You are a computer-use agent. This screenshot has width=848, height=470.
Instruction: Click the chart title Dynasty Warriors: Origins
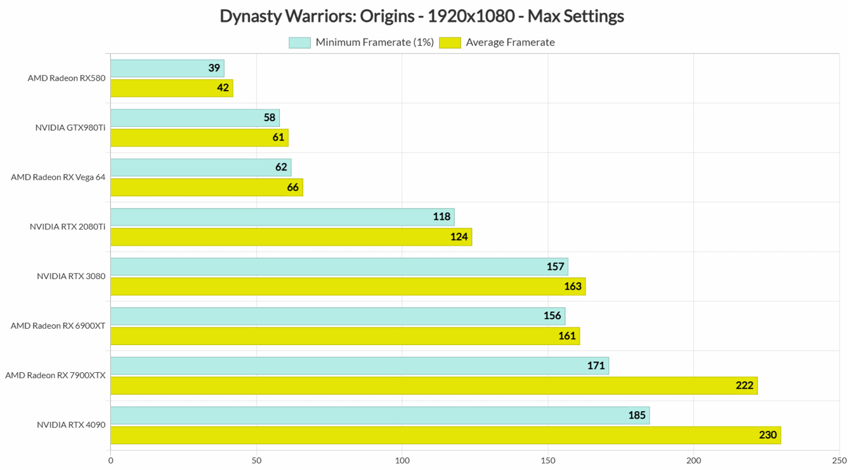pos(421,16)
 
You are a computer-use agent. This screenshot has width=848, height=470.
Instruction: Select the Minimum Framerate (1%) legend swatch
pos(300,42)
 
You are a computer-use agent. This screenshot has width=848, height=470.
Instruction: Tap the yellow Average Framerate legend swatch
pos(450,42)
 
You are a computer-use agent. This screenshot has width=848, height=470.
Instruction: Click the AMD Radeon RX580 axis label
pos(67,78)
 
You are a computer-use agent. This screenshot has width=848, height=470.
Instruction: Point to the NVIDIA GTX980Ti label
pos(70,128)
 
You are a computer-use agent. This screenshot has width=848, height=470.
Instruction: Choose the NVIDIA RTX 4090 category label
pos(71,425)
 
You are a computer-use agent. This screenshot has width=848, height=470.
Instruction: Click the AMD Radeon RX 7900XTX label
pos(55,375)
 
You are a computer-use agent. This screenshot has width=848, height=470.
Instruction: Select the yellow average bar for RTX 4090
pos(445,435)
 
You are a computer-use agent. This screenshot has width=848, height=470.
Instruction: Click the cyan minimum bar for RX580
pos(167,68)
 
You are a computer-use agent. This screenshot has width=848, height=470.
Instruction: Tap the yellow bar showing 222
pos(434,386)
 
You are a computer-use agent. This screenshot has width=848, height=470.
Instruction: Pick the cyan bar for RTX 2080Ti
pos(282,217)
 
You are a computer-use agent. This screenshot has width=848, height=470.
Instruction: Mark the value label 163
pos(573,286)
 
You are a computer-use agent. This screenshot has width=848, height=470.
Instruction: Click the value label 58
pos(270,117)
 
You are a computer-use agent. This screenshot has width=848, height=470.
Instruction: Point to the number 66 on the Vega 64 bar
pos(293,187)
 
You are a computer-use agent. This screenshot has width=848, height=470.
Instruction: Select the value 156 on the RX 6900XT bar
pos(552,316)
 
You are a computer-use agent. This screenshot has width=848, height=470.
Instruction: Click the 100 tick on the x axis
pos(402,460)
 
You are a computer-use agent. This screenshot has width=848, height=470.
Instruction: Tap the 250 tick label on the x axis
pos(839,460)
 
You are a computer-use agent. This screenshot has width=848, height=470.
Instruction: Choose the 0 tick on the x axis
pos(111,460)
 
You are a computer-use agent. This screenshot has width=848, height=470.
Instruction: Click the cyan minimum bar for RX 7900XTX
pos(360,365)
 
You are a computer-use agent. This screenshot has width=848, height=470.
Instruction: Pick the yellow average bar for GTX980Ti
pos(199,138)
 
